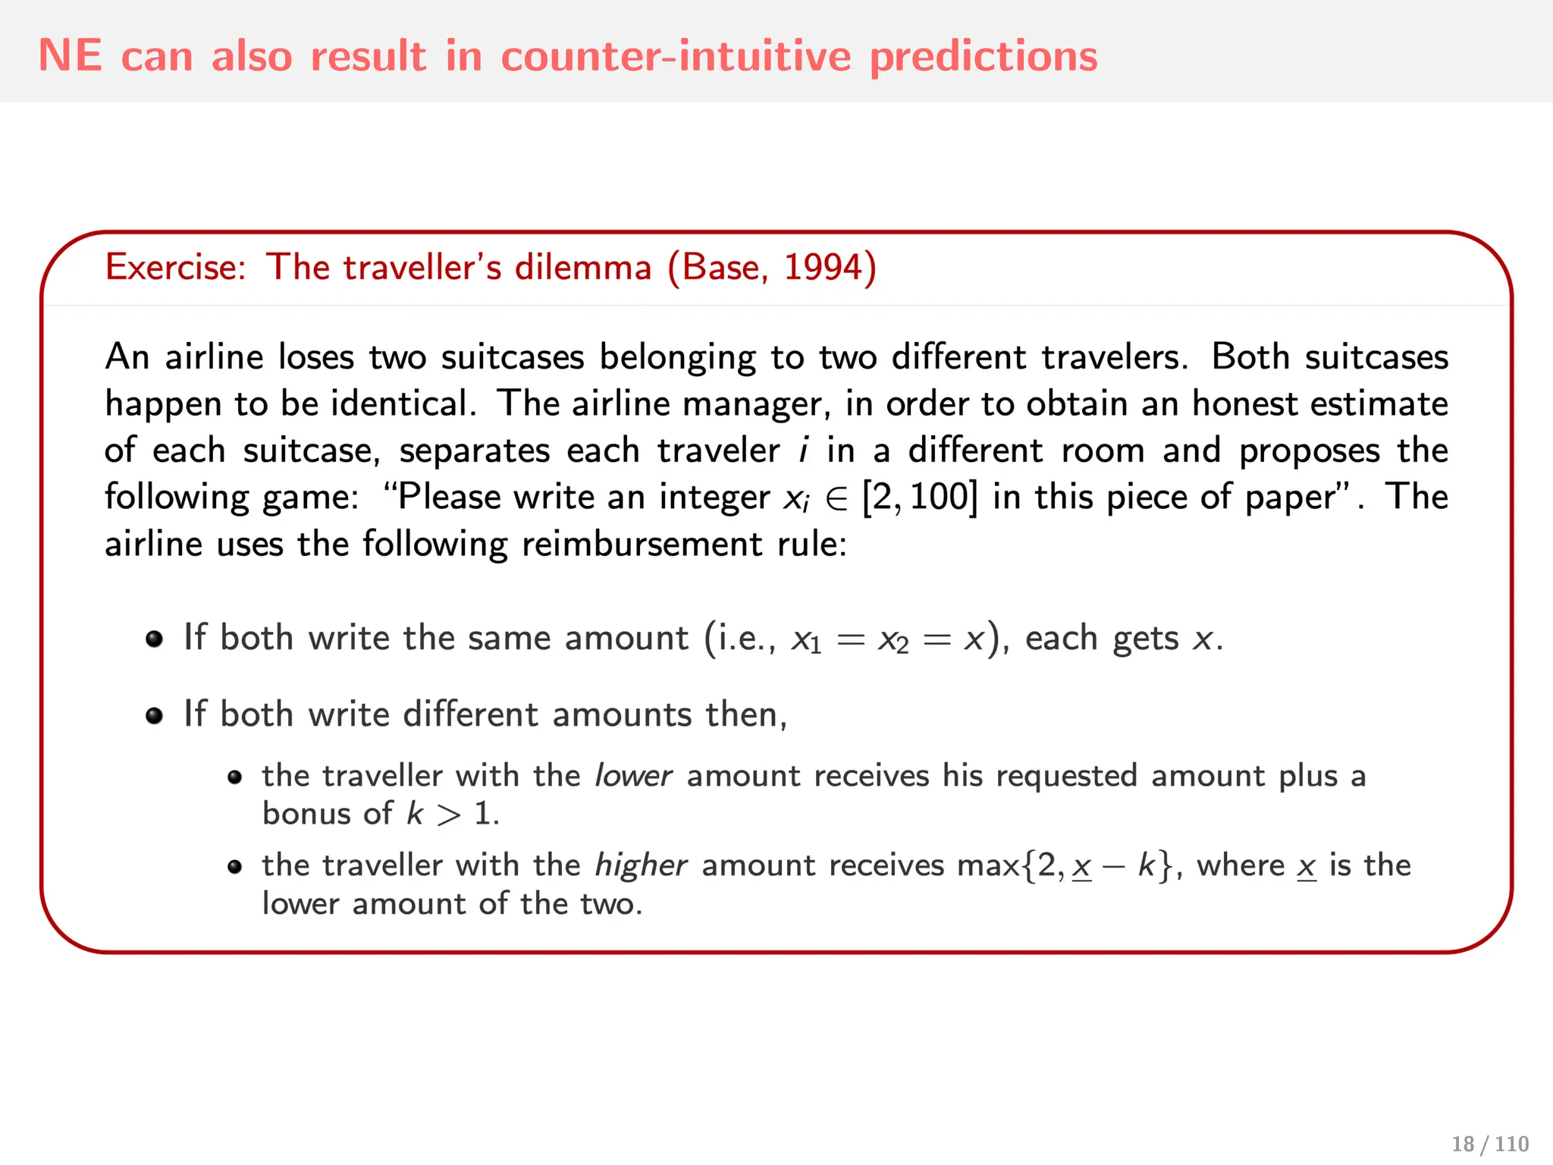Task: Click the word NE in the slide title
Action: [x=70, y=55]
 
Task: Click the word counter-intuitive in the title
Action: [x=676, y=55]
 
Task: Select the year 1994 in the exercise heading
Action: [x=823, y=267]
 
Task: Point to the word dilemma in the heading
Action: [x=583, y=267]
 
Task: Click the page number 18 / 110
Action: [x=1489, y=1144]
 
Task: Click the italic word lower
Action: [x=633, y=776]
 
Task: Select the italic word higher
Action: [x=641, y=865]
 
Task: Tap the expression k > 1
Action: [x=452, y=814]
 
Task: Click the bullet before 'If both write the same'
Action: [x=155, y=639]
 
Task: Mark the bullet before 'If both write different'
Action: [x=155, y=715]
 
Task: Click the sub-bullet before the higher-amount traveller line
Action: [x=235, y=867]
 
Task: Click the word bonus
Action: [x=306, y=814]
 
